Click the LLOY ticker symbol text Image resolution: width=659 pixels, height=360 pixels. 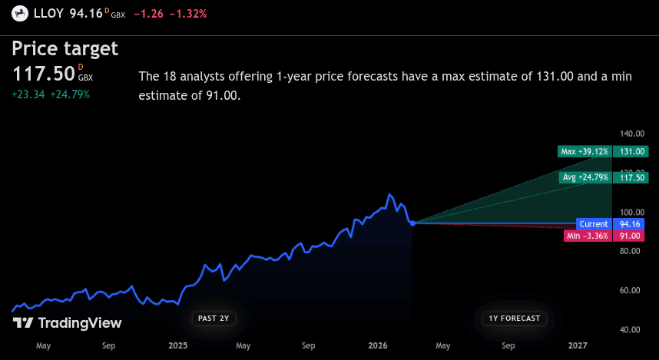[50, 13]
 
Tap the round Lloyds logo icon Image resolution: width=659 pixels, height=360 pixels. [17, 13]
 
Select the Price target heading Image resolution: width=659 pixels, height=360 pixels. [65, 49]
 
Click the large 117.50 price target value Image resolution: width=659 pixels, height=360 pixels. [44, 74]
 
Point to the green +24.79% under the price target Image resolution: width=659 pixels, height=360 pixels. [71, 94]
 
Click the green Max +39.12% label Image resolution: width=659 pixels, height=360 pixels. [584, 152]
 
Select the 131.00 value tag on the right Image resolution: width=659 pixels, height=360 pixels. [631, 152]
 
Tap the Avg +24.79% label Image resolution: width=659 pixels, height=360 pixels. [585, 177]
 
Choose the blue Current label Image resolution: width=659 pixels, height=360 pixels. [594, 224]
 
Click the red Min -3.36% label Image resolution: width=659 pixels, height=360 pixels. [588, 236]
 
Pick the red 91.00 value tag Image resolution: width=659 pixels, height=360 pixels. [631, 236]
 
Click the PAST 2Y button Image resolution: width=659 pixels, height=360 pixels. [214, 318]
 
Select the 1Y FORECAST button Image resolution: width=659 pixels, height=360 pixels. [515, 318]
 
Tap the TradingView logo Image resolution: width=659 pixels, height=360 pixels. [68, 323]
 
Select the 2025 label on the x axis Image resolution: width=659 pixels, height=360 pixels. [177, 346]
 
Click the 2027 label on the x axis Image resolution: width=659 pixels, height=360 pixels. [578, 346]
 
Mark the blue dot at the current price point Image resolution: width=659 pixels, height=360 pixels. [413, 223]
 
